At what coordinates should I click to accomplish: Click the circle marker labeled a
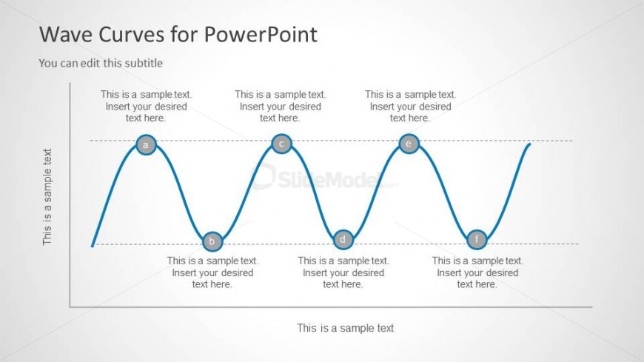(x=146, y=144)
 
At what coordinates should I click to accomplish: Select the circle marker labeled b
(x=212, y=241)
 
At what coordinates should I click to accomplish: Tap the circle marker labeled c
(x=281, y=144)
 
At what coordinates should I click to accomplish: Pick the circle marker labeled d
(x=343, y=239)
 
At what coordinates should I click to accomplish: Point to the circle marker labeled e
(x=409, y=144)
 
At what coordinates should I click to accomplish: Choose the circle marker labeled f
(x=477, y=239)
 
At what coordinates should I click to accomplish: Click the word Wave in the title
(x=65, y=34)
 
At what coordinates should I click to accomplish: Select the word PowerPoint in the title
(x=261, y=34)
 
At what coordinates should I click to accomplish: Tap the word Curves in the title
(x=131, y=35)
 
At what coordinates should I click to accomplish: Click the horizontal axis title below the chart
(x=346, y=328)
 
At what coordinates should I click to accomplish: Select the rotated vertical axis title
(x=47, y=197)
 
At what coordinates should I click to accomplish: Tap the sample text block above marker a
(x=147, y=106)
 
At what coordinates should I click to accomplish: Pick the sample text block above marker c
(x=280, y=106)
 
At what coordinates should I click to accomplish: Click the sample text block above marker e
(x=410, y=106)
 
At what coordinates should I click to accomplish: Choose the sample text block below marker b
(x=212, y=272)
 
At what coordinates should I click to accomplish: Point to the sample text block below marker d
(x=343, y=272)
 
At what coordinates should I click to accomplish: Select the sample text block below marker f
(x=477, y=272)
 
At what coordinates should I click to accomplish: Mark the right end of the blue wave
(x=530, y=144)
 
